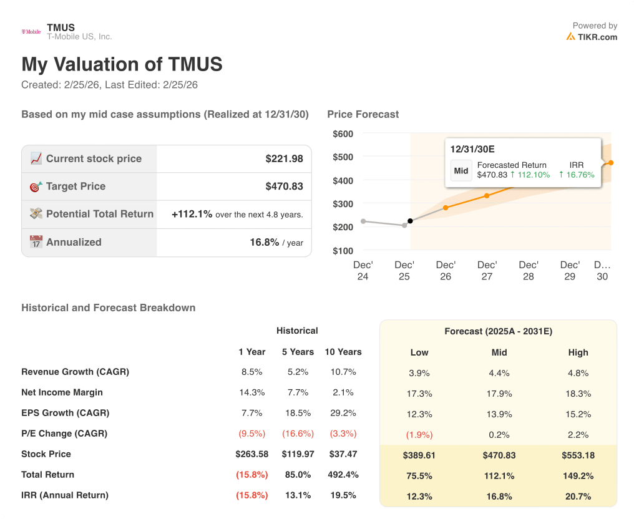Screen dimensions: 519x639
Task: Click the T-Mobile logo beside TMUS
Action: tap(31, 32)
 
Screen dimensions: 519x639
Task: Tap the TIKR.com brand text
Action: tap(597, 37)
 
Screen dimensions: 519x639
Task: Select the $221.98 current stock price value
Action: tap(284, 159)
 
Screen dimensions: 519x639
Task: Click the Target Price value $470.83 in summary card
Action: tap(284, 187)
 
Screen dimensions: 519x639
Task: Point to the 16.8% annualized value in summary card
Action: tap(264, 242)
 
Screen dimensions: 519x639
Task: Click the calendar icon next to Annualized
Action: tap(36, 242)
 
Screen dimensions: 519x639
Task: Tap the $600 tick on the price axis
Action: tap(343, 133)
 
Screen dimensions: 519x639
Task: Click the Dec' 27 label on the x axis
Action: tap(487, 270)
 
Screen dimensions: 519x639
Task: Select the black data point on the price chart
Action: tap(410, 221)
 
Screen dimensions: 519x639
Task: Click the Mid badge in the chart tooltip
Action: tap(461, 170)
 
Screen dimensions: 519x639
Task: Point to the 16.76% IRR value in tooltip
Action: tap(580, 175)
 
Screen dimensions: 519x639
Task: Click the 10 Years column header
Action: tap(343, 352)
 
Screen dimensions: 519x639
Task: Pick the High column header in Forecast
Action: tap(578, 352)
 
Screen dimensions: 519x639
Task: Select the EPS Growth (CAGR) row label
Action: tap(65, 413)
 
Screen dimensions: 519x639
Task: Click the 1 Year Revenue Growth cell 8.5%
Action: tap(251, 372)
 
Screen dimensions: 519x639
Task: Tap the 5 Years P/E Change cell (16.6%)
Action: tap(298, 434)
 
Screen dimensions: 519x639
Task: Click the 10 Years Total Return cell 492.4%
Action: tap(343, 475)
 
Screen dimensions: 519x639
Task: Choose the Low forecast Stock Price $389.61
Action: tap(419, 455)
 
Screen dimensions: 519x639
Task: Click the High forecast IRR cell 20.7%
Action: tap(578, 496)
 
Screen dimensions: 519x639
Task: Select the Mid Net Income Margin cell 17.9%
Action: tap(499, 394)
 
